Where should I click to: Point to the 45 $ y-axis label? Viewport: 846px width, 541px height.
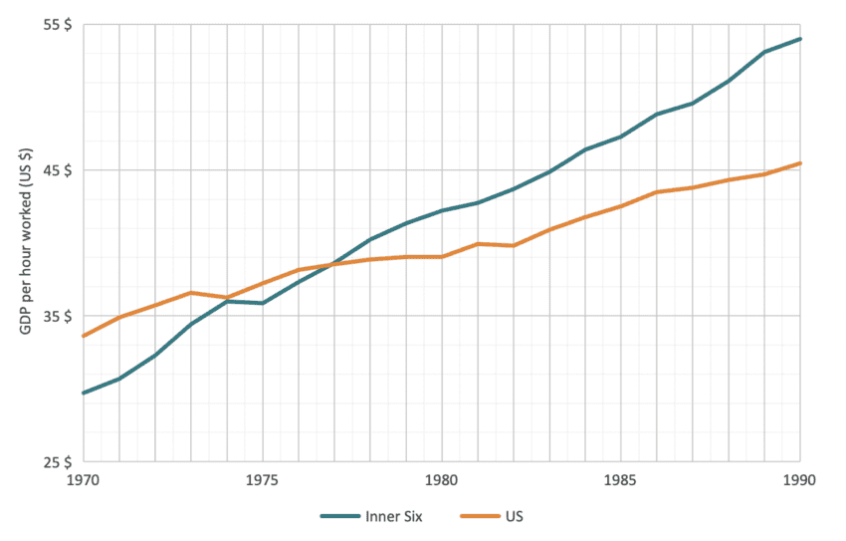[57, 169]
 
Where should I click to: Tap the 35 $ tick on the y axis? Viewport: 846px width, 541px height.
[57, 316]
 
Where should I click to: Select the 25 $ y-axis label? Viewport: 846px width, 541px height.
[57, 462]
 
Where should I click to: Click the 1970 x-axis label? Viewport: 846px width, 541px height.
[84, 479]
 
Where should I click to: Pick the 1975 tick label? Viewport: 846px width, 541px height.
[263, 479]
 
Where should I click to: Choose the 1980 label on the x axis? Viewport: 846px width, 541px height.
[442, 479]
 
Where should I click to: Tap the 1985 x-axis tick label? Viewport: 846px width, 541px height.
[621, 479]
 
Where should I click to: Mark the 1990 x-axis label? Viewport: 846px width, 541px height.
[799, 479]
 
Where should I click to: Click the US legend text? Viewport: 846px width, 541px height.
[514, 516]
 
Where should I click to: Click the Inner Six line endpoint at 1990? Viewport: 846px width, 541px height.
[800, 39]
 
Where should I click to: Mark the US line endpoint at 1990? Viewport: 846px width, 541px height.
[800, 163]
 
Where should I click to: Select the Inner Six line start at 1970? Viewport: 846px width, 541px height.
[84, 393]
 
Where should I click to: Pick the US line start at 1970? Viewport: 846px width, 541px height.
[84, 336]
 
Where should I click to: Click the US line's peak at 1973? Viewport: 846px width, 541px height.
[191, 293]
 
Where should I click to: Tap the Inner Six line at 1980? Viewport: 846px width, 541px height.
[442, 210]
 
